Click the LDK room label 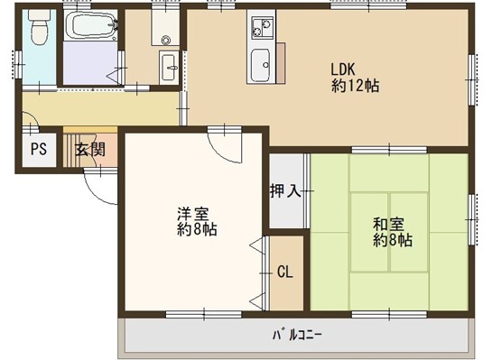tap(343, 69)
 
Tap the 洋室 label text tap(192, 214)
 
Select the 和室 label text tap(388, 224)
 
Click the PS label tap(39, 149)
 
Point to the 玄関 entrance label tap(90, 150)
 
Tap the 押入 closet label tap(286, 190)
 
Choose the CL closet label tap(285, 272)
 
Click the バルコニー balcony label tap(296, 336)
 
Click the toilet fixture tap(39, 26)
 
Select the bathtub tap(90, 25)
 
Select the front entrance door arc tap(100, 188)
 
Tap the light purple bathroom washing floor tap(90, 63)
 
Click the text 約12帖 tap(355, 86)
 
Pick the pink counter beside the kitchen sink tap(281, 63)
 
